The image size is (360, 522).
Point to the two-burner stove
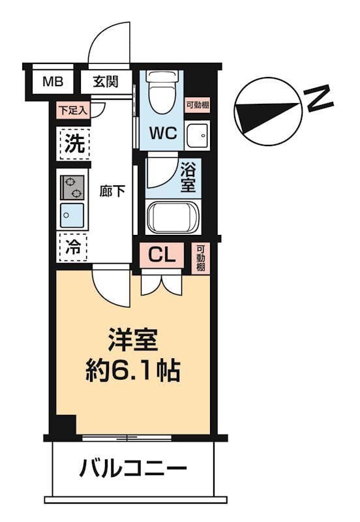click(72, 187)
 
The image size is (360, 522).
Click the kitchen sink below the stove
click(72, 215)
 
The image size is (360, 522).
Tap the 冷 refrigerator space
click(74, 247)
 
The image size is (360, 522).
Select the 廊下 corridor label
click(112, 192)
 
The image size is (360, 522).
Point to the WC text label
click(164, 133)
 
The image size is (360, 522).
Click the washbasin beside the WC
click(196, 135)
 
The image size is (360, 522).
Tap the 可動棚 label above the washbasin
click(197, 105)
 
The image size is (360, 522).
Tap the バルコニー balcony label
click(134, 467)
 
